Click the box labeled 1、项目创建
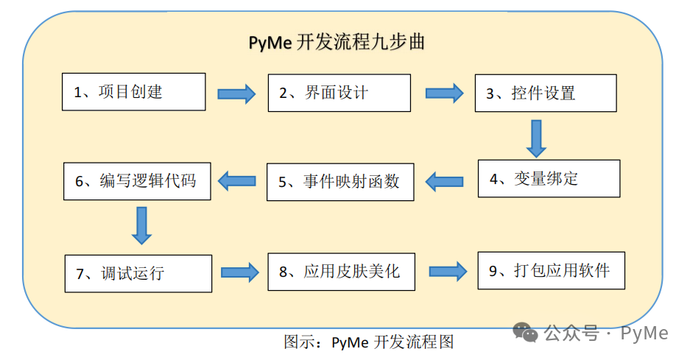coord(133,91)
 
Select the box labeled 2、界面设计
coord(339,93)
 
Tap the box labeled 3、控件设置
coord(545,93)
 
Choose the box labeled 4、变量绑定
coord(549,178)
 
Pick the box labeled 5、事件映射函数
coord(339,182)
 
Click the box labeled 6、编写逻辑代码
coord(137,180)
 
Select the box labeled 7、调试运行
coord(138,273)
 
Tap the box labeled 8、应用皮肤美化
coord(340,271)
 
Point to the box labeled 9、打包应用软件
coord(552,270)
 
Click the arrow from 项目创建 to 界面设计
coord(236,93)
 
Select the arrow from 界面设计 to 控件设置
coord(444,93)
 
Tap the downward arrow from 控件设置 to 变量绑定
coord(536,138)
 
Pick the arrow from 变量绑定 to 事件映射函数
coord(445,181)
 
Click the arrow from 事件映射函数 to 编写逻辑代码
coord(236,180)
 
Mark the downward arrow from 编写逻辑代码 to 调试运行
coord(141,225)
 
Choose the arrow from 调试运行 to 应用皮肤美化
coord(240,272)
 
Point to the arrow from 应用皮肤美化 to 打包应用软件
coord(448,271)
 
